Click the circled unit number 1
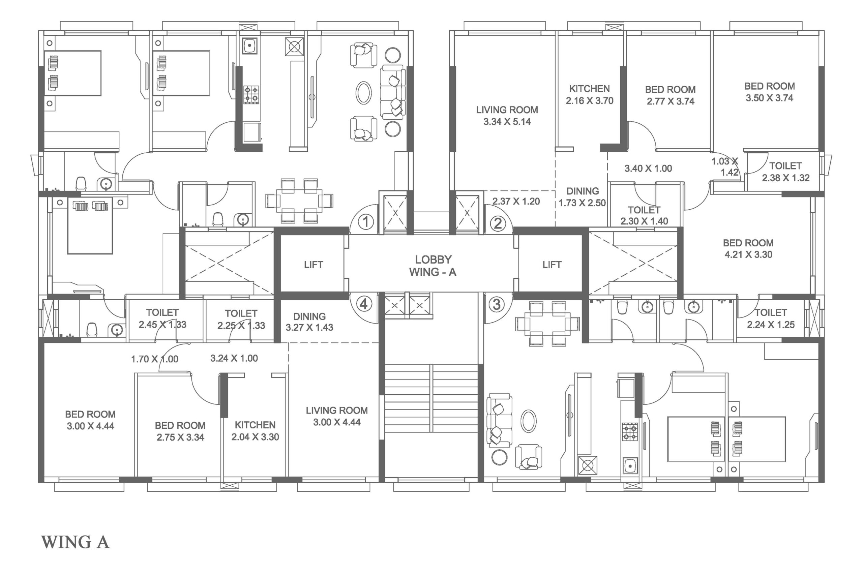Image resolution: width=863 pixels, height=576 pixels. point(365,221)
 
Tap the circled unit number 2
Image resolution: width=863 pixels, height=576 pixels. point(498,223)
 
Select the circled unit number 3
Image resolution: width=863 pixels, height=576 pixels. point(496,304)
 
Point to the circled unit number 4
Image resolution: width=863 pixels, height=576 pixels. point(364,304)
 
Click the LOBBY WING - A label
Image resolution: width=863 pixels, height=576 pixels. point(433,266)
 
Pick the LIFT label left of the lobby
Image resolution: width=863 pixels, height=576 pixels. point(314,265)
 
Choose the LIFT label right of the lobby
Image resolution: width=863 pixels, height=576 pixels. point(552,265)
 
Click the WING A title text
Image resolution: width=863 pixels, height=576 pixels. point(75,542)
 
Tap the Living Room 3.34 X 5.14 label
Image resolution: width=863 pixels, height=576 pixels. point(507,116)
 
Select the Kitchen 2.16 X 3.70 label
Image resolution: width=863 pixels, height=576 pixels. point(589,94)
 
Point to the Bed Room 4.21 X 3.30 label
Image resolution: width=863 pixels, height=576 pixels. point(748,249)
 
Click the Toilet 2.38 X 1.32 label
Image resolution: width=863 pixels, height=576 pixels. point(785,172)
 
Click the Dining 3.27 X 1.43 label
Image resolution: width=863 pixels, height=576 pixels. point(309,322)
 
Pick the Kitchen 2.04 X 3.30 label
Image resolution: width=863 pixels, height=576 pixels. point(255,431)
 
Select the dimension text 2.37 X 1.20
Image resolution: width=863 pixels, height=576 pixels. point(516,201)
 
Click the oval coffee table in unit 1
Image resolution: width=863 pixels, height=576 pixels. point(363,93)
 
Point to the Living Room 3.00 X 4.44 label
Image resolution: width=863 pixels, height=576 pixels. point(336,416)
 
